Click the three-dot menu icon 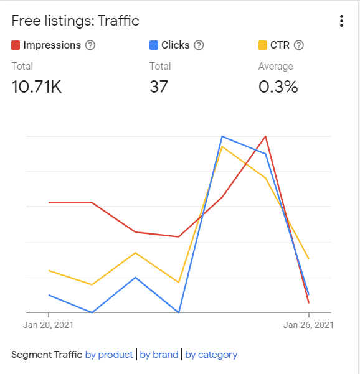click(x=341, y=21)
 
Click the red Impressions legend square click(x=16, y=45)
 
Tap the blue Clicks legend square click(x=154, y=45)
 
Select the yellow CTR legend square click(x=263, y=45)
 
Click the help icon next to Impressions click(x=90, y=45)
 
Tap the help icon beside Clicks click(x=199, y=45)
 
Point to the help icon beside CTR click(x=298, y=45)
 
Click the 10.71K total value click(x=37, y=86)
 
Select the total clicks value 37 click(x=159, y=86)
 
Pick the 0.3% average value click(x=278, y=86)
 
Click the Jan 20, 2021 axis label click(x=49, y=325)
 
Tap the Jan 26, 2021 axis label click(x=308, y=325)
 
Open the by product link click(x=109, y=355)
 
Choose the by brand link click(x=159, y=355)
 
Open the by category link click(x=211, y=355)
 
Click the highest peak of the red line click(x=266, y=136)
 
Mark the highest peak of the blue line click(x=222, y=136)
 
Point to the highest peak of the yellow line click(x=222, y=147)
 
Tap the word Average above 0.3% click(x=275, y=67)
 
